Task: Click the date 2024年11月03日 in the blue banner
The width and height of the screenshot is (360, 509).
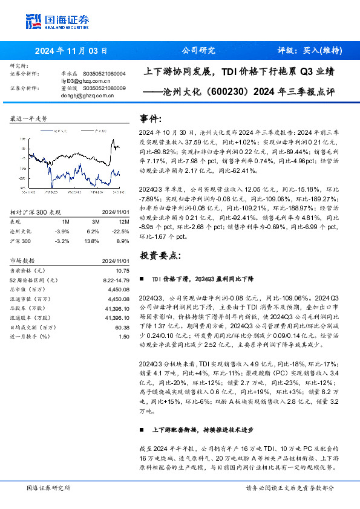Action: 71,51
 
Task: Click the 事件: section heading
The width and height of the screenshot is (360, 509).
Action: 151,118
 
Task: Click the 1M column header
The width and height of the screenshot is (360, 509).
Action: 66,222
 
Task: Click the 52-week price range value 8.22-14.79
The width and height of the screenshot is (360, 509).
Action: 115,280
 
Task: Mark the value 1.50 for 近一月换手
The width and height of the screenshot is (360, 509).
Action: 124,336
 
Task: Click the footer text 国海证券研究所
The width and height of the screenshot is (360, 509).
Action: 48,487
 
